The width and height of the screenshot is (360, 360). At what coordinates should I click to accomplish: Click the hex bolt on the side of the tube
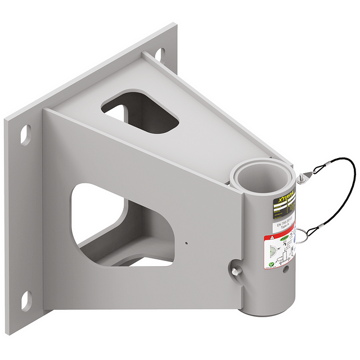[x=236, y=269]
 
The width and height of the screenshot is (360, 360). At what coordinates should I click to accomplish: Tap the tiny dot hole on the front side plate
[x=187, y=241]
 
